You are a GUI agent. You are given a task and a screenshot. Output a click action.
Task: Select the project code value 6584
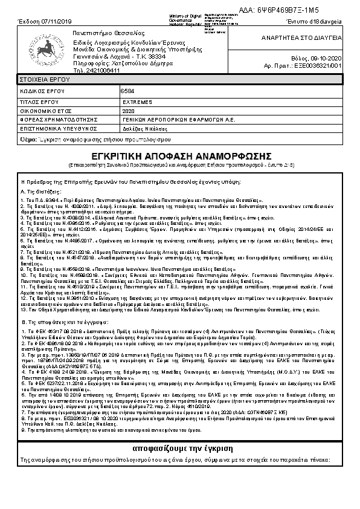[x=128, y=91]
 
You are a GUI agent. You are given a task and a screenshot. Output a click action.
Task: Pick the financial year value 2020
[x=129, y=112]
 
